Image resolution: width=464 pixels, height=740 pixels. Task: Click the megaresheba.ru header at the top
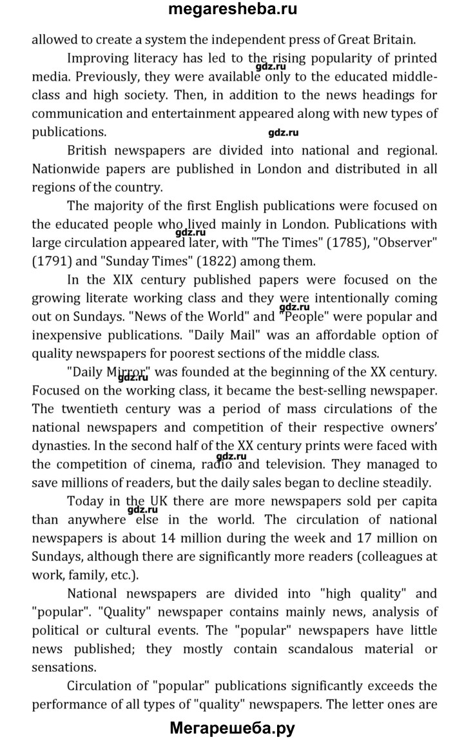pos(233,9)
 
